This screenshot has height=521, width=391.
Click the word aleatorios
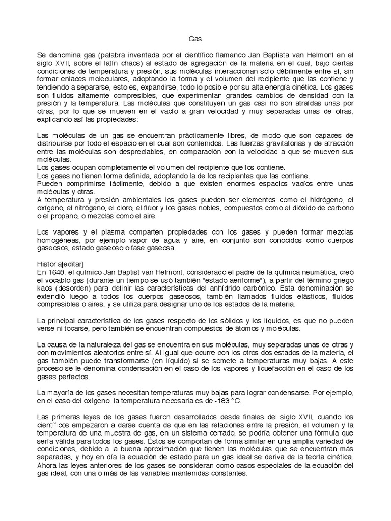[120, 353]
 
